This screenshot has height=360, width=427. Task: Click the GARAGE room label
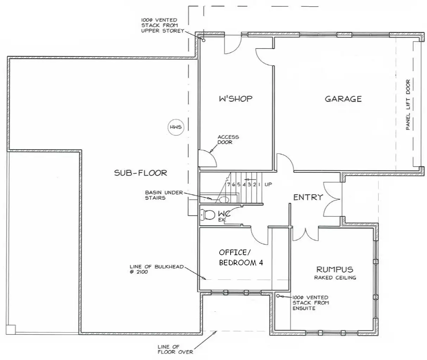343,99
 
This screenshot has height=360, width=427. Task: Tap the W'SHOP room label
236,99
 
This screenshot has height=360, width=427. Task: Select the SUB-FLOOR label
140,173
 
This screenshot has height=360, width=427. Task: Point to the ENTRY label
308,197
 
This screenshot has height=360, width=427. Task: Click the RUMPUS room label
334,270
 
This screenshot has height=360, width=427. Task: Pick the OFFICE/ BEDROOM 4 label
241,258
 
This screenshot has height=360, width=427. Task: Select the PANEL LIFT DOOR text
408,105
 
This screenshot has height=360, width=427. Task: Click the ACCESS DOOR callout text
228,139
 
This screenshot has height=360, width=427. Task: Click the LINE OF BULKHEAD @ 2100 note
157,269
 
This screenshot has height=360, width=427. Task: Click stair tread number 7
228,184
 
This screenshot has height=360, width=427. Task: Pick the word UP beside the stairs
268,184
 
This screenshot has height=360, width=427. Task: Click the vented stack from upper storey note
159,25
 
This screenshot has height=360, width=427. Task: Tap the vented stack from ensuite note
310,303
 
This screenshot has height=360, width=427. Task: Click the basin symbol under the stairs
224,200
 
